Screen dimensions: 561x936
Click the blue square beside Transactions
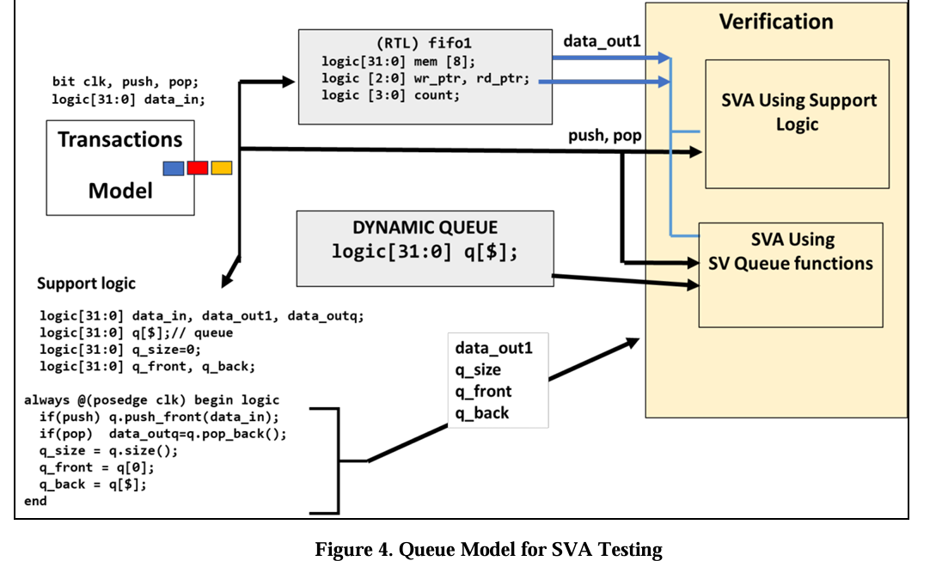click(173, 168)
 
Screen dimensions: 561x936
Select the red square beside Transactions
click(198, 168)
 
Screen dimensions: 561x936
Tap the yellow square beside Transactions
click(222, 168)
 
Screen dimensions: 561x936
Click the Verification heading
click(776, 21)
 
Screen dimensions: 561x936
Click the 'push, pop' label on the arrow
click(604, 136)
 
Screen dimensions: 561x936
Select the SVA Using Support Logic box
click(798, 124)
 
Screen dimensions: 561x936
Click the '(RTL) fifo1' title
click(425, 43)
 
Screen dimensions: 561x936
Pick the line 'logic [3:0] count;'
click(391, 95)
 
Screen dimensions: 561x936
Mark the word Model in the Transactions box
click(120, 191)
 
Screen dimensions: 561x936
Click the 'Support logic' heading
click(86, 283)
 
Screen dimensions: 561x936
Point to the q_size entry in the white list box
click(478, 369)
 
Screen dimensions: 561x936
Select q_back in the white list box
click(481, 413)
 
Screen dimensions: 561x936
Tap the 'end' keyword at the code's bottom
click(36, 501)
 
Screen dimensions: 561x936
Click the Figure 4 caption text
click(489, 549)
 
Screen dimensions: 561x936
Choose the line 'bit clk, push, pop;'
click(125, 82)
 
